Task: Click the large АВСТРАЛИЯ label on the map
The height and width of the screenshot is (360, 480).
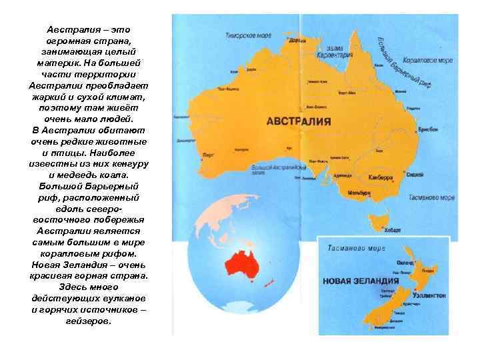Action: pos(307,122)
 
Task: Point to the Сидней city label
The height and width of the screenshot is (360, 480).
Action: pos(414,175)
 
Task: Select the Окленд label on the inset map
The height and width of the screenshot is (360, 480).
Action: pos(403,263)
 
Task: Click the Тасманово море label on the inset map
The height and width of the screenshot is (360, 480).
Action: pos(354,248)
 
